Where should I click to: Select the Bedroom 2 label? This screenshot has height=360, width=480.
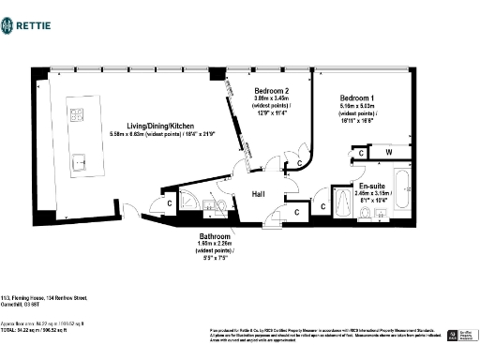273,92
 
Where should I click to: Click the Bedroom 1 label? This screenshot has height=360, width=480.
356,98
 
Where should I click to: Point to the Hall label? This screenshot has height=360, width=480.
261,194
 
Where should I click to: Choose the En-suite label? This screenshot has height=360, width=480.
360,186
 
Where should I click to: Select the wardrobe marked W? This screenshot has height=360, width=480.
388,152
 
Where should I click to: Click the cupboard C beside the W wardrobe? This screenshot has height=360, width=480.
360,153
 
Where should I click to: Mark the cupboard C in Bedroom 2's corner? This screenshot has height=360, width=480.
298,164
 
